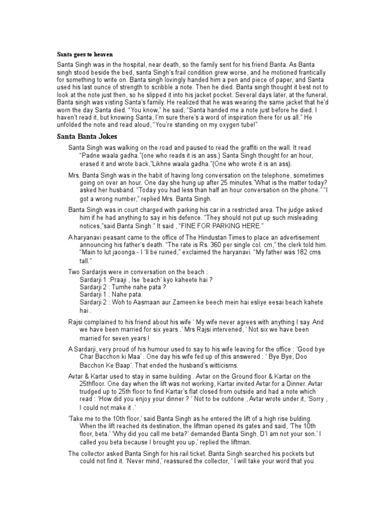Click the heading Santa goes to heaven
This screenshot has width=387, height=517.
[x=85, y=54]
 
